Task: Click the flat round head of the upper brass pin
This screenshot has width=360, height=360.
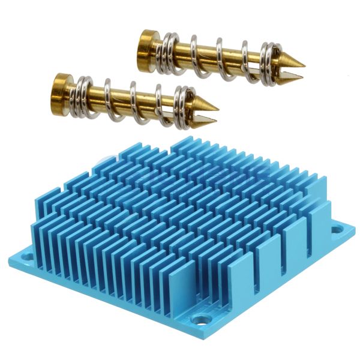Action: (146, 44)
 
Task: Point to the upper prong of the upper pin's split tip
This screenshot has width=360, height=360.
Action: (292, 60)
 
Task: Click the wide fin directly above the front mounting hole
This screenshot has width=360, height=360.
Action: (240, 282)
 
